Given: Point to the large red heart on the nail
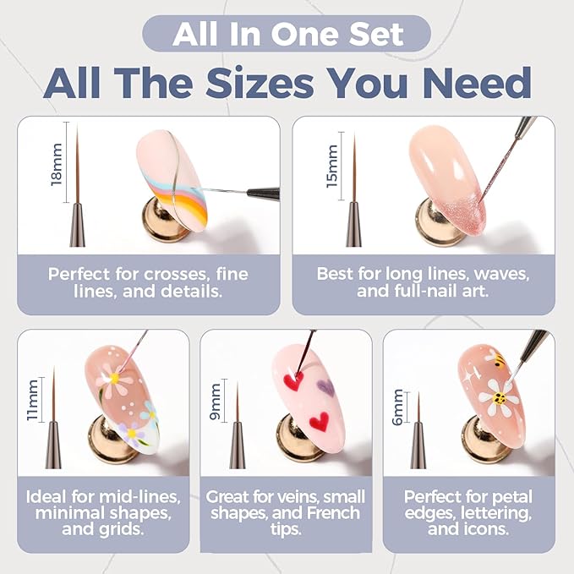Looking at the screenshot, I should point(318,419).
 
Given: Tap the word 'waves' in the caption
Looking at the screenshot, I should point(507,274).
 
